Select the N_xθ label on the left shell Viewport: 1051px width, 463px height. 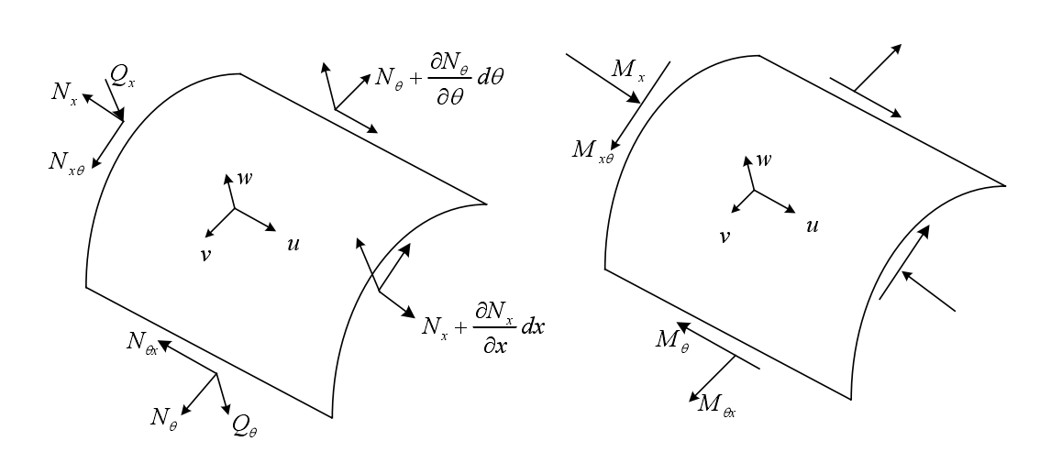click(67, 161)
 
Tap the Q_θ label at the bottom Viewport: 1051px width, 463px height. click(246, 424)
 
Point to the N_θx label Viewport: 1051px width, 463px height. click(142, 343)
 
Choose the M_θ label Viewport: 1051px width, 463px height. click(671, 340)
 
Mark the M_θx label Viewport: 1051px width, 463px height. click(716, 402)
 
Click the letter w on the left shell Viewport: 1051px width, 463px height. click(245, 178)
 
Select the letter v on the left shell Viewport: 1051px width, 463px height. click(205, 253)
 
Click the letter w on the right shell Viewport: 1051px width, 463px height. click(763, 160)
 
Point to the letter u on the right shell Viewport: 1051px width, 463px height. click(812, 224)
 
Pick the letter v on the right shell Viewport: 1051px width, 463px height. click(725, 236)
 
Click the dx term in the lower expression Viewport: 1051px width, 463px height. click(533, 327)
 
